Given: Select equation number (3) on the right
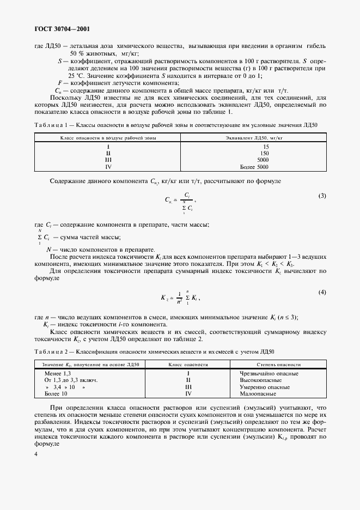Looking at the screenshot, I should [322, 195].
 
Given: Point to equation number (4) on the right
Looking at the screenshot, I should [322, 293].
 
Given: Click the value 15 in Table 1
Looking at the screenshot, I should [266, 147].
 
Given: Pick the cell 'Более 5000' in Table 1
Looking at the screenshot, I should [255, 167].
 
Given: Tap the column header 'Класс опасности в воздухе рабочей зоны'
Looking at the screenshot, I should [108, 138].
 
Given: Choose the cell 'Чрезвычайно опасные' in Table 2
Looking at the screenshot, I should [269, 373].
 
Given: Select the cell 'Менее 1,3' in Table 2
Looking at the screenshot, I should [57, 373].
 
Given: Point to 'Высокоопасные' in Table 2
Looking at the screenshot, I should [260, 380].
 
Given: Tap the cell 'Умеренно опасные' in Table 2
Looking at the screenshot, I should [264, 386].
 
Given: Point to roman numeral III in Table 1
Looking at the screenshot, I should [108, 160].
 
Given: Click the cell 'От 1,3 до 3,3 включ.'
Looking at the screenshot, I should [71, 380].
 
